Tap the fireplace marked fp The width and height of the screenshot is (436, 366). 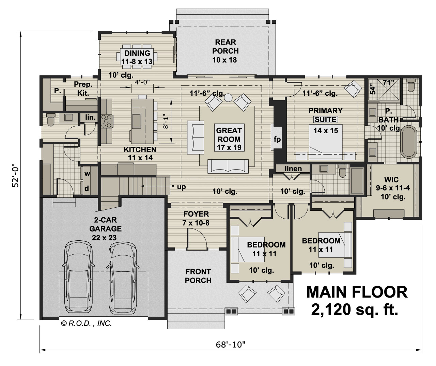point(277,139)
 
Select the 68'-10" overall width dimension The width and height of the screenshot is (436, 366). point(231,345)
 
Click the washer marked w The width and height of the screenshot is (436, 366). point(87,174)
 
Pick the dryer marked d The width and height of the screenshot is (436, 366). point(87,188)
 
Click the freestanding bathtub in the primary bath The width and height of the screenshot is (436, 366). point(408,142)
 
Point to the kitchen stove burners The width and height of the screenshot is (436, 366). point(107,121)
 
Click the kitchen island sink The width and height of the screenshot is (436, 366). point(137,121)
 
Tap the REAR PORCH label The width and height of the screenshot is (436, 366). point(225,51)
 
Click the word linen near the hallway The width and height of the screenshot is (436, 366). point(293,169)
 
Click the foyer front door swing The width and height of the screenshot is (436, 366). point(198,238)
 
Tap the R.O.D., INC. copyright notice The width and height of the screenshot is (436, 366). point(86,323)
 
